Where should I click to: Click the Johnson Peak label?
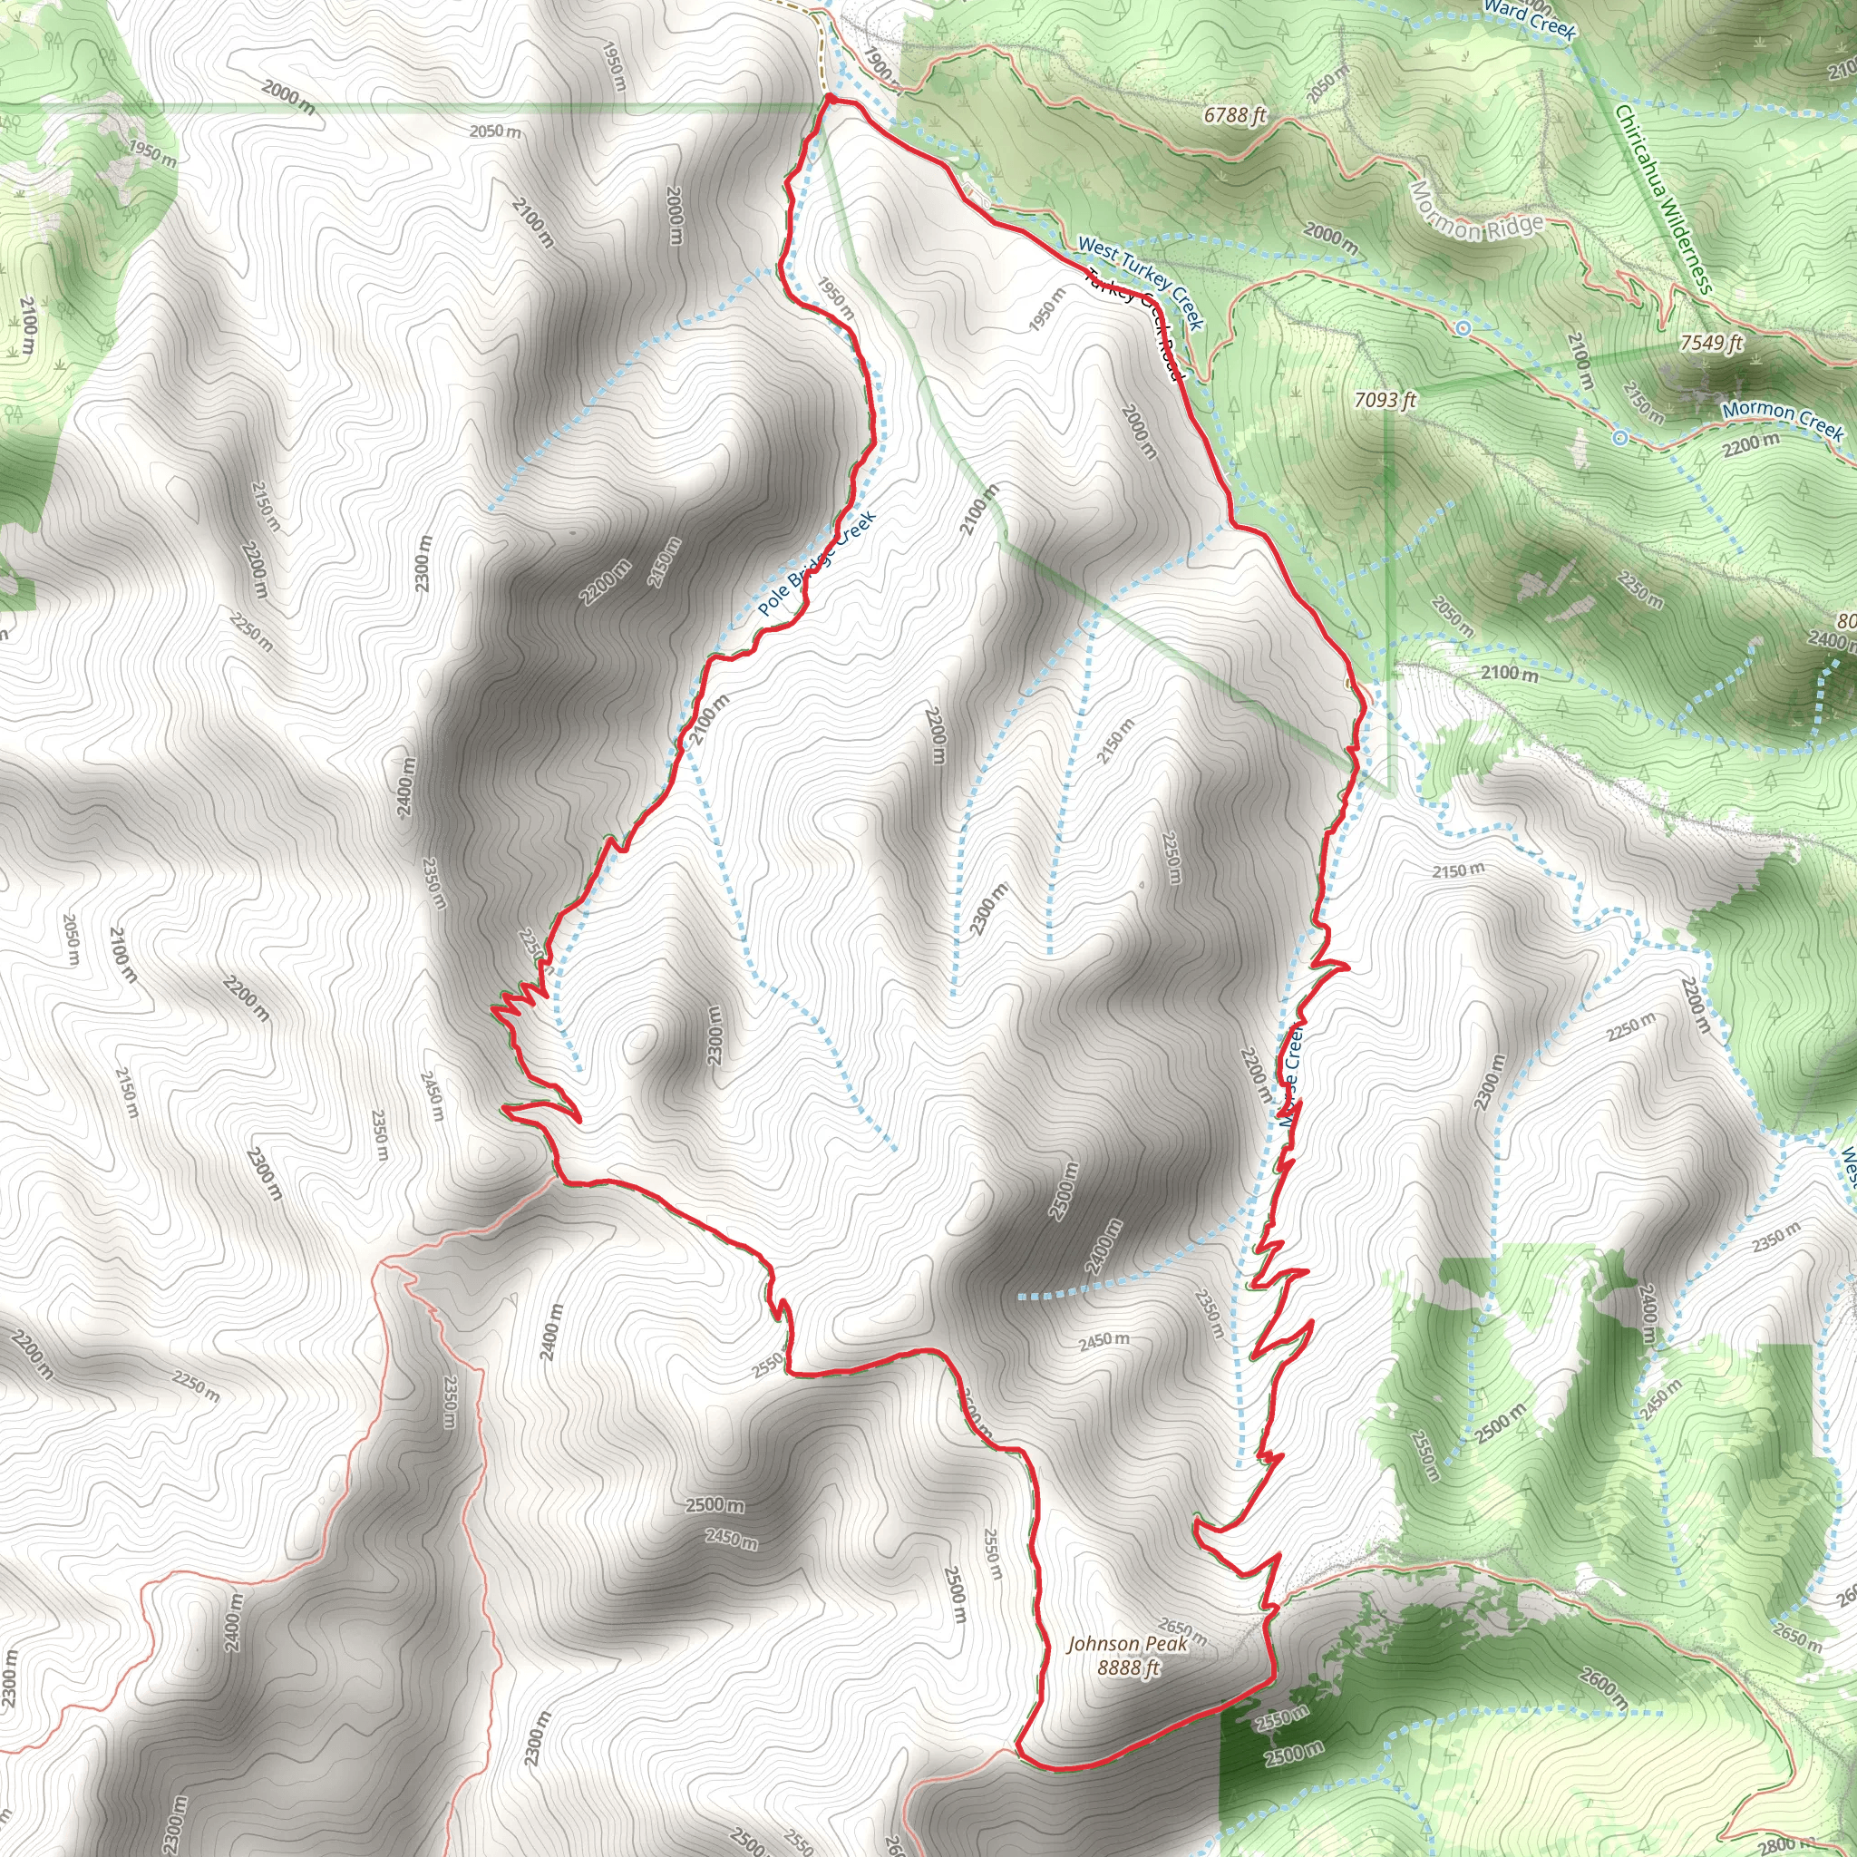(x=1127, y=1644)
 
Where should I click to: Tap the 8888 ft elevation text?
(x=1128, y=1667)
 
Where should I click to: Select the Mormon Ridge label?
(x=1475, y=215)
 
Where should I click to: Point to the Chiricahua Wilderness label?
(x=1663, y=199)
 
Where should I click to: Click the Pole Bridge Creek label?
(x=816, y=564)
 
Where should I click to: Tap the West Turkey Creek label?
(x=1140, y=282)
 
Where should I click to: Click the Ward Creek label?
(x=1530, y=18)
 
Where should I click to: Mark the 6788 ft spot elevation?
(x=1235, y=115)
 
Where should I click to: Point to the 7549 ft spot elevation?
(x=1711, y=342)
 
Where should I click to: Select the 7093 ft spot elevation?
(x=1385, y=399)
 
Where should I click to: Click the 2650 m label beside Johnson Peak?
(x=1182, y=1631)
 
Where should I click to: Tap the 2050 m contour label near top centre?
(x=495, y=131)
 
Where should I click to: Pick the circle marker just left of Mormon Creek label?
(x=1619, y=438)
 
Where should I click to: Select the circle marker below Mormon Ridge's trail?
(x=1463, y=329)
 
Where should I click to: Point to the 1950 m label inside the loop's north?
(x=834, y=298)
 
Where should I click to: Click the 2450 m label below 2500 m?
(x=731, y=1539)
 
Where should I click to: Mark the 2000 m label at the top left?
(x=287, y=96)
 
